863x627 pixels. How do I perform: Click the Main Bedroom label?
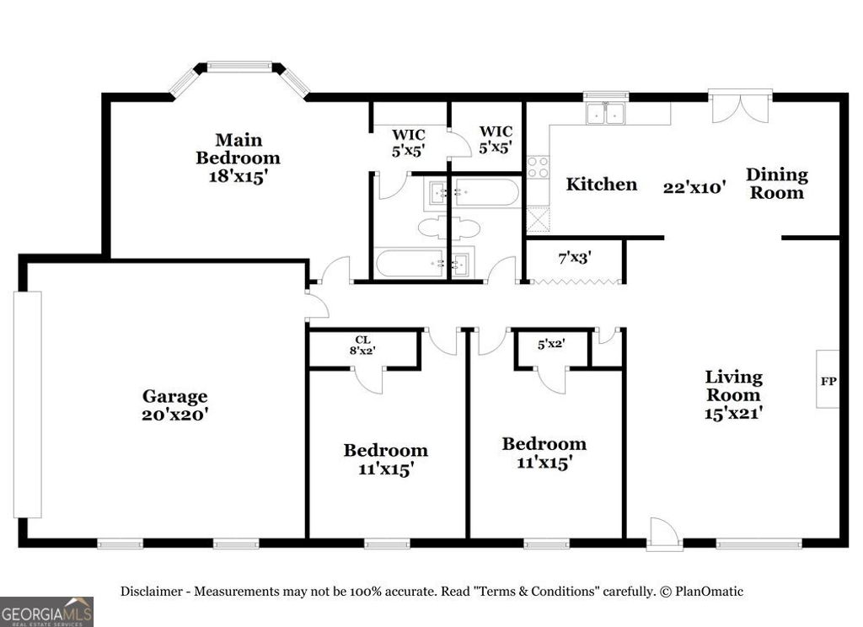[238, 149]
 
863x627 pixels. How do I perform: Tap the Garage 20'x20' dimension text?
[174, 414]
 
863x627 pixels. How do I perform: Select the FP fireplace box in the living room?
[828, 380]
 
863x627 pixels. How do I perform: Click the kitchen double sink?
[606, 113]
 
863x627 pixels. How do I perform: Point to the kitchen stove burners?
[537, 167]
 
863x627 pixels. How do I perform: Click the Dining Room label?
[776, 183]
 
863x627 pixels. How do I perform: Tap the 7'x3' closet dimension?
[575, 257]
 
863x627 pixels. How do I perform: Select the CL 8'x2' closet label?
[362, 345]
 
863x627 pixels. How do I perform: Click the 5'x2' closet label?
[551, 343]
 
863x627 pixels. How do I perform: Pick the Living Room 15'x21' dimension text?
[733, 413]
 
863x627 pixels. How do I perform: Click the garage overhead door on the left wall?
[27, 405]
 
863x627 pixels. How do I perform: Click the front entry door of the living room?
[665, 535]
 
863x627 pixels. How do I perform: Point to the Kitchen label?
[601, 184]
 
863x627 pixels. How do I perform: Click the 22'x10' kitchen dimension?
[694, 187]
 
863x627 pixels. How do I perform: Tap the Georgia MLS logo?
[46, 611]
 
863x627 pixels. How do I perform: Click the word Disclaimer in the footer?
[153, 592]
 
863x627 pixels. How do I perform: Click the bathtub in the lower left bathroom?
[405, 263]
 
